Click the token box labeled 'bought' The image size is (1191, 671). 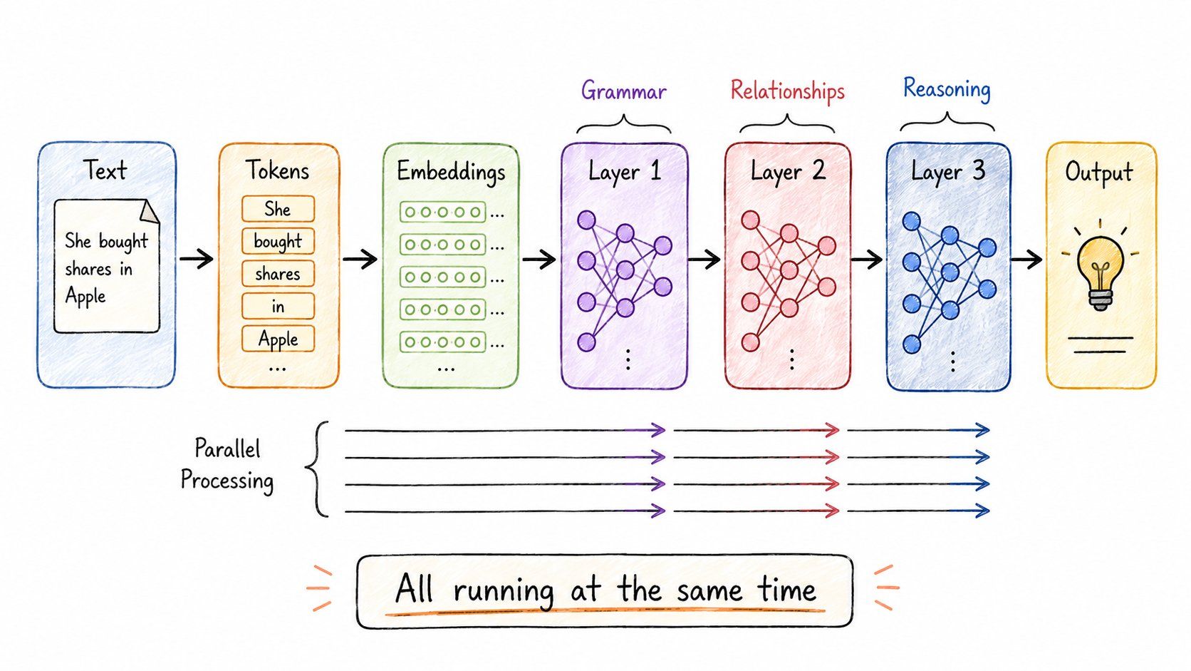pyautogui.click(x=278, y=241)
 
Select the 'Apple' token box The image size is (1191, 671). pyautogui.click(x=278, y=339)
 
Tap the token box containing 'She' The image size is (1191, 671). pyautogui.click(x=278, y=209)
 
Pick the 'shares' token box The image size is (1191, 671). pyautogui.click(x=278, y=274)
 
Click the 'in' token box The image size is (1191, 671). pyautogui.click(x=278, y=306)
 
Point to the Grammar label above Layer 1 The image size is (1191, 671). pyautogui.click(x=624, y=91)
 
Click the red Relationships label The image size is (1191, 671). pyautogui.click(x=787, y=91)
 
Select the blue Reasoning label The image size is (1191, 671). pyautogui.click(x=947, y=89)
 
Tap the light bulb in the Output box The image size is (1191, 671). pyautogui.click(x=1100, y=272)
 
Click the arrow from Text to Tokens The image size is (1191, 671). pyautogui.click(x=197, y=259)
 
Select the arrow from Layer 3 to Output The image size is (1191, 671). pyautogui.click(x=1026, y=260)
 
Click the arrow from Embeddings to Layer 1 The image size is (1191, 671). pyautogui.click(x=539, y=260)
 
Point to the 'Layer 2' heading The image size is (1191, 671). pyautogui.click(x=787, y=171)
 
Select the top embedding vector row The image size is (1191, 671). pyautogui.click(x=443, y=212)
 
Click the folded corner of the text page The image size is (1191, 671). pyautogui.click(x=149, y=211)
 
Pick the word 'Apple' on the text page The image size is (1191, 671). pyautogui.click(x=85, y=296)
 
